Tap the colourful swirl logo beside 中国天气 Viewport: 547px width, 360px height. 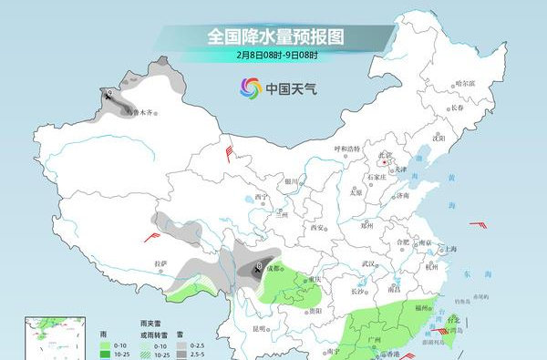(249, 88)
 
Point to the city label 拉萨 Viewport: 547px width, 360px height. (160, 264)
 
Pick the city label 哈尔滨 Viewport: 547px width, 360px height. (466, 83)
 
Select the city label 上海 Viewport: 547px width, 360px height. (448, 249)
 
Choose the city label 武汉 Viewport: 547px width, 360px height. (368, 263)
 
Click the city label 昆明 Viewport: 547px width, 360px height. (260, 328)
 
